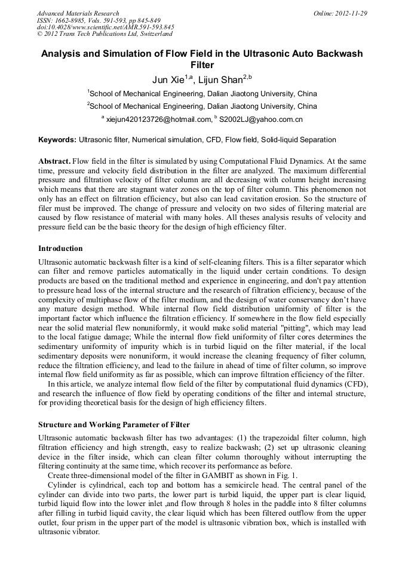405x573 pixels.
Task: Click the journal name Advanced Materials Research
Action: click(78, 13)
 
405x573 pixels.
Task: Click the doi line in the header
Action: click(105, 27)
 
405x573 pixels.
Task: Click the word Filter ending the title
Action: click(202, 65)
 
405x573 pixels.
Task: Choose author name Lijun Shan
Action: click(225, 80)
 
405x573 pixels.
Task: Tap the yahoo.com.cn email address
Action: click(261, 119)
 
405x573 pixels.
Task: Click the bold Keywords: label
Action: click(57, 140)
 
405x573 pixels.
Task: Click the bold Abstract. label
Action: click(54, 162)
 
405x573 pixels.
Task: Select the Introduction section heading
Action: click(60, 248)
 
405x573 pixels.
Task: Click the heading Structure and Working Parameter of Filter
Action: click(114, 425)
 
